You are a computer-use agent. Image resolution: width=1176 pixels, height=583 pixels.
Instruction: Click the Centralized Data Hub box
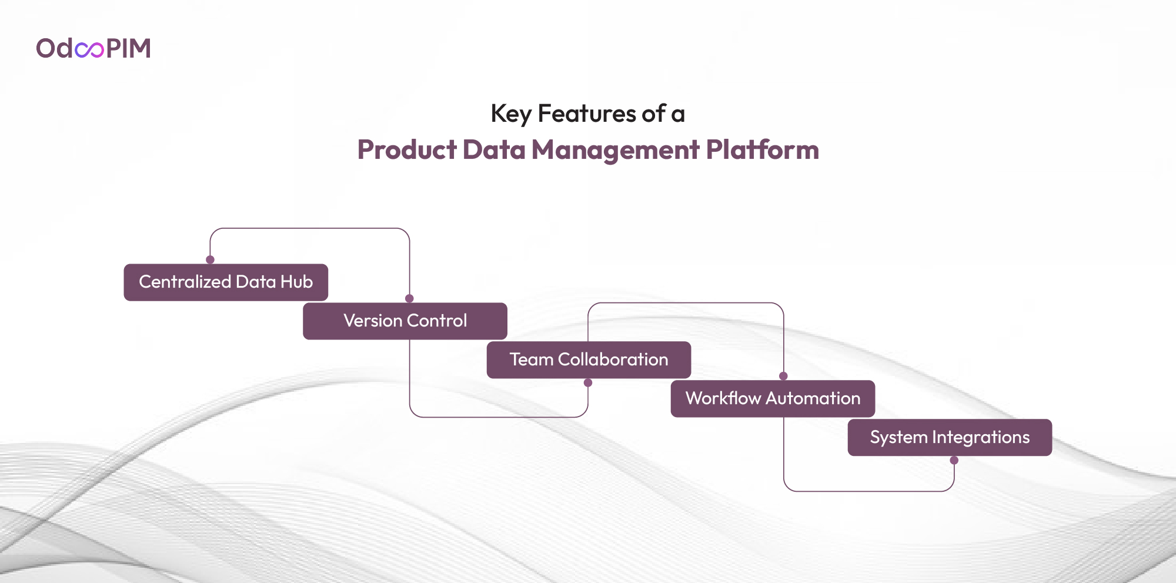[x=226, y=282]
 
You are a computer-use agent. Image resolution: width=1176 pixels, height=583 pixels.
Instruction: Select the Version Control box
[x=405, y=321]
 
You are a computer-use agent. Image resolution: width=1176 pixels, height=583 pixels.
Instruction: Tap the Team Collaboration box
[x=589, y=360]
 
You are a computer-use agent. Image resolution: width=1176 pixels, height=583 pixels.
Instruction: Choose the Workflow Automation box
[x=773, y=399]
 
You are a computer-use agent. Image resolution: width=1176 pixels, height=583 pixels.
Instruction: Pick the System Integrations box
[x=950, y=438]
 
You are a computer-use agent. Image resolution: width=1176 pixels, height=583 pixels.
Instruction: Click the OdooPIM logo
[x=93, y=48]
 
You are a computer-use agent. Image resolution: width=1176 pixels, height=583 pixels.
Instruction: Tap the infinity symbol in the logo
[x=89, y=49]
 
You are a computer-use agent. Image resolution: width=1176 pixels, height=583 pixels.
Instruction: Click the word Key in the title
[x=511, y=114]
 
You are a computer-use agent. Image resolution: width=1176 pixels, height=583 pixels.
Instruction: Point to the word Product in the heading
[x=407, y=149]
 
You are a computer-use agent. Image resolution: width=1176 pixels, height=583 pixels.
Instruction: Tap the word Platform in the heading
[x=763, y=149]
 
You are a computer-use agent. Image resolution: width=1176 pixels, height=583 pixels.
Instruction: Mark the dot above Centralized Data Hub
[x=210, y=259]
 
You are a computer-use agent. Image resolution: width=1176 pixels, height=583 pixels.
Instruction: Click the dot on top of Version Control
[x=409, y=298]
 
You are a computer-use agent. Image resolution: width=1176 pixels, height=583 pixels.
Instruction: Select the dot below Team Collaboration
[x=588, y=383]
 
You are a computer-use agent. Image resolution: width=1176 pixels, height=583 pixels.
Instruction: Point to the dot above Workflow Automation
[x=783, y=376]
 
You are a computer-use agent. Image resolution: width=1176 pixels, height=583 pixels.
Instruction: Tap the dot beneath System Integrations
[x=954, y=461]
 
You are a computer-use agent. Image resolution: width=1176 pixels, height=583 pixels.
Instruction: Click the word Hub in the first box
[x=297, y=282]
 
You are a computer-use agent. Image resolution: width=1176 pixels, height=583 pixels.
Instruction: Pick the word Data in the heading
[x=495, y=149]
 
